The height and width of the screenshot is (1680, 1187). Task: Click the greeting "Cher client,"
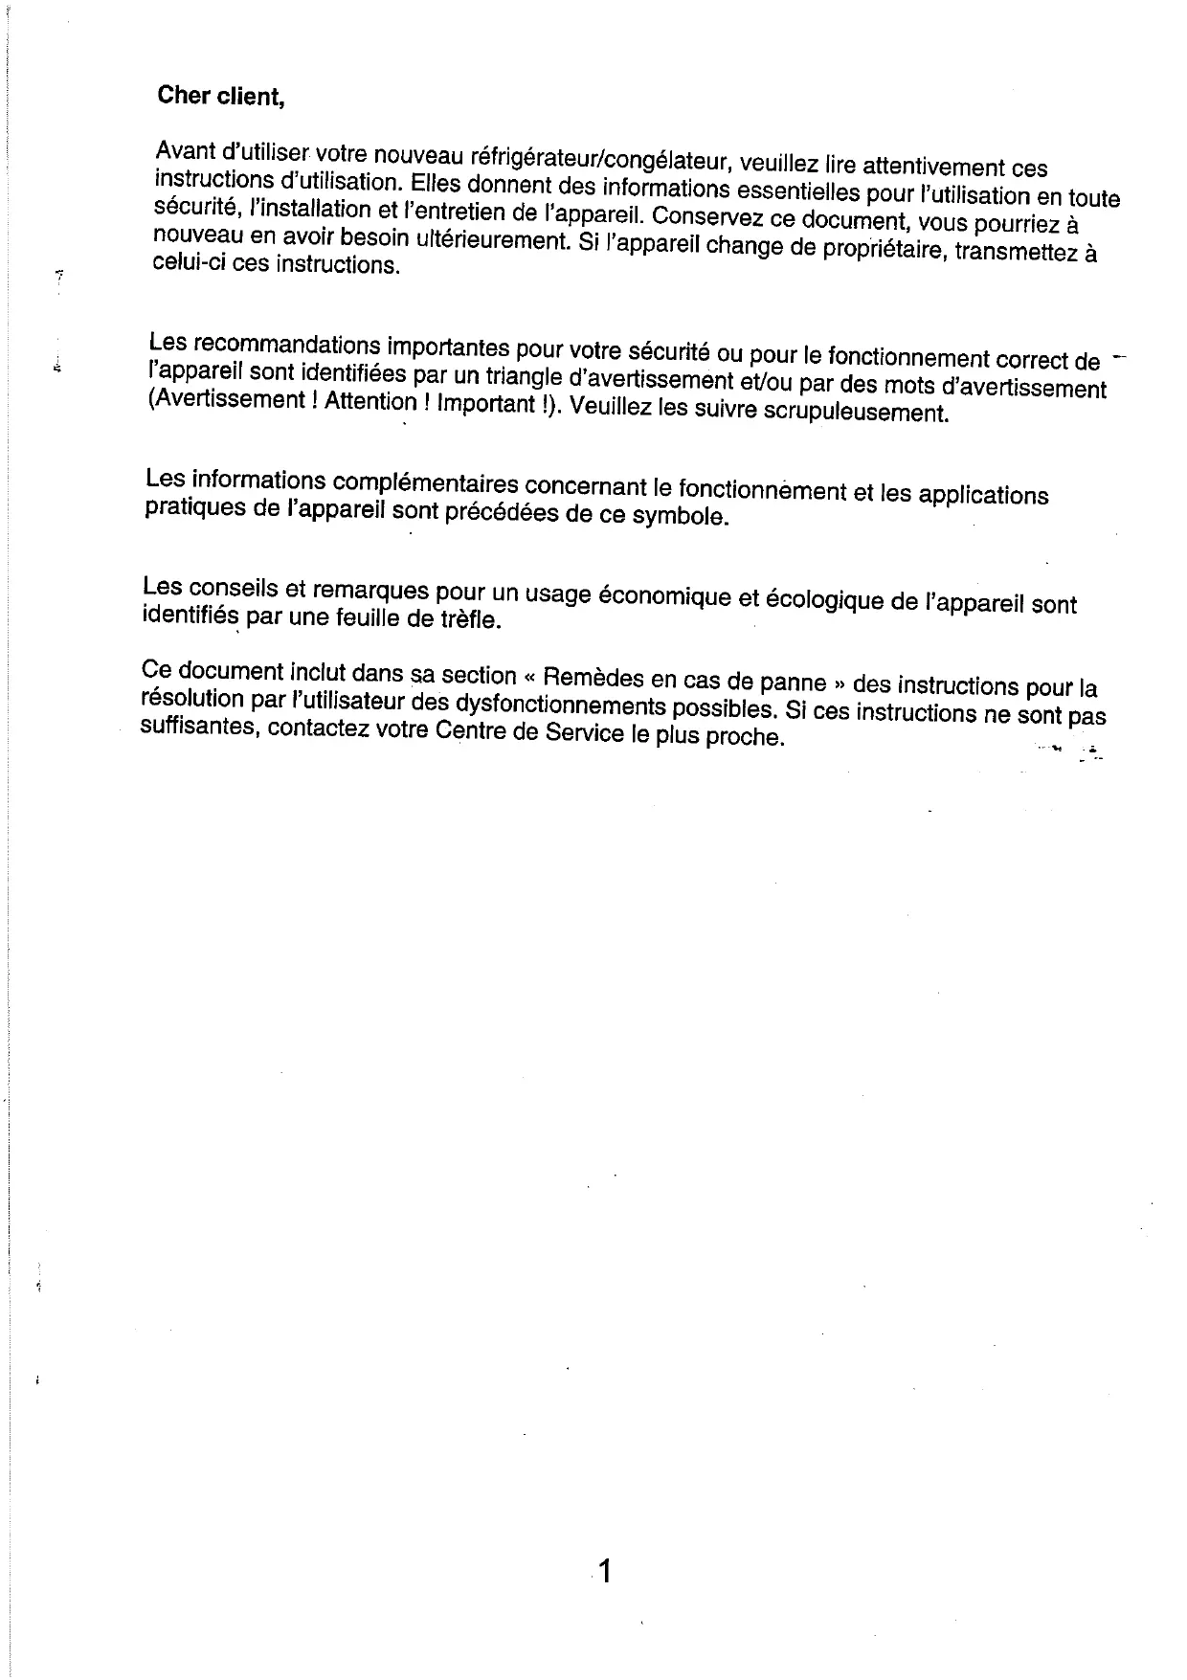tap(221, 97)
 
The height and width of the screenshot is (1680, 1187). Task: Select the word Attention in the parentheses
tap(370, 402)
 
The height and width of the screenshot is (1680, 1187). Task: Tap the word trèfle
tap(470, 619)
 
